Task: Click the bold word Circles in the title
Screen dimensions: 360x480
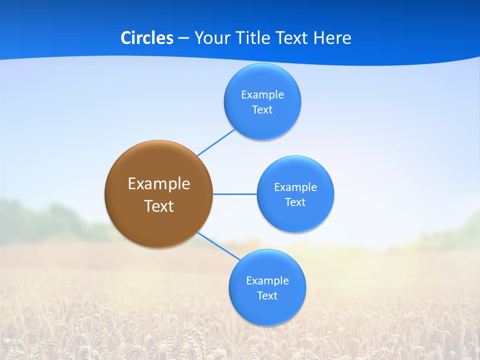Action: click(x=146, y=38)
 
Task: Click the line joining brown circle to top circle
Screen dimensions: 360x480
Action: click(x=216, y=142)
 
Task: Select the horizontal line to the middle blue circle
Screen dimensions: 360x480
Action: click(x=235, y=194)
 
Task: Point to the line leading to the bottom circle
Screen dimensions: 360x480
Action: click(x=218, y=245)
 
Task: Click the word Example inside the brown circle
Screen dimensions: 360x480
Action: click(x=158, y=183)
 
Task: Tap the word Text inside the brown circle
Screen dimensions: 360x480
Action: click(x=158, y=206)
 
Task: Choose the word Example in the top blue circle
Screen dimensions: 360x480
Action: click(x=262, y=94)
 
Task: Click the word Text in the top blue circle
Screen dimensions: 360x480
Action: click(x=262, y=109)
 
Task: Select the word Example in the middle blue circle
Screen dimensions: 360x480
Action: click(x=295, y=187)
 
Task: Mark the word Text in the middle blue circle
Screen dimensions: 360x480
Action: click(x=295, y=202)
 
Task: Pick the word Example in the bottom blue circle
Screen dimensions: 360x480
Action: click(x=267, y=280)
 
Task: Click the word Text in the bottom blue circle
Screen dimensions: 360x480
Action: click(x=267, y=295)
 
